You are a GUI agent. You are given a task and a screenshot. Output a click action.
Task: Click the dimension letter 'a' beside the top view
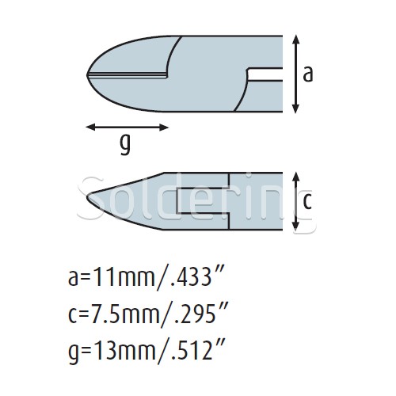coord(307,74)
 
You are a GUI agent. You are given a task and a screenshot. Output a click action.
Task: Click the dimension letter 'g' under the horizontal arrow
coord(125,145)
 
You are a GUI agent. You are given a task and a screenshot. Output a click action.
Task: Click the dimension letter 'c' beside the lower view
coord(307,201)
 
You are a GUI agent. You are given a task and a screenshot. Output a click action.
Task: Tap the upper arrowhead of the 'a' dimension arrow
coord(296,39)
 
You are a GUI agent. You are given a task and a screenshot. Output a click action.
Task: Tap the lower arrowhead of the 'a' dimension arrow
coord(296,109)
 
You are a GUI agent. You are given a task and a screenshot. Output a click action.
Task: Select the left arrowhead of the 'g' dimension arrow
coord(91,128)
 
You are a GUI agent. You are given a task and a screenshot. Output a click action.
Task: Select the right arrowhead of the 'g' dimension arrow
coord(164,128)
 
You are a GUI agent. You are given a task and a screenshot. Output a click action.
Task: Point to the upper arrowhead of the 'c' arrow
coord(296,177)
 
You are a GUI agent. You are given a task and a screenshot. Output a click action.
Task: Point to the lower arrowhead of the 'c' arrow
coord(296,225)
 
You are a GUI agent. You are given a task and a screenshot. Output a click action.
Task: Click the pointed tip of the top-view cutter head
coord(87,75)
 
